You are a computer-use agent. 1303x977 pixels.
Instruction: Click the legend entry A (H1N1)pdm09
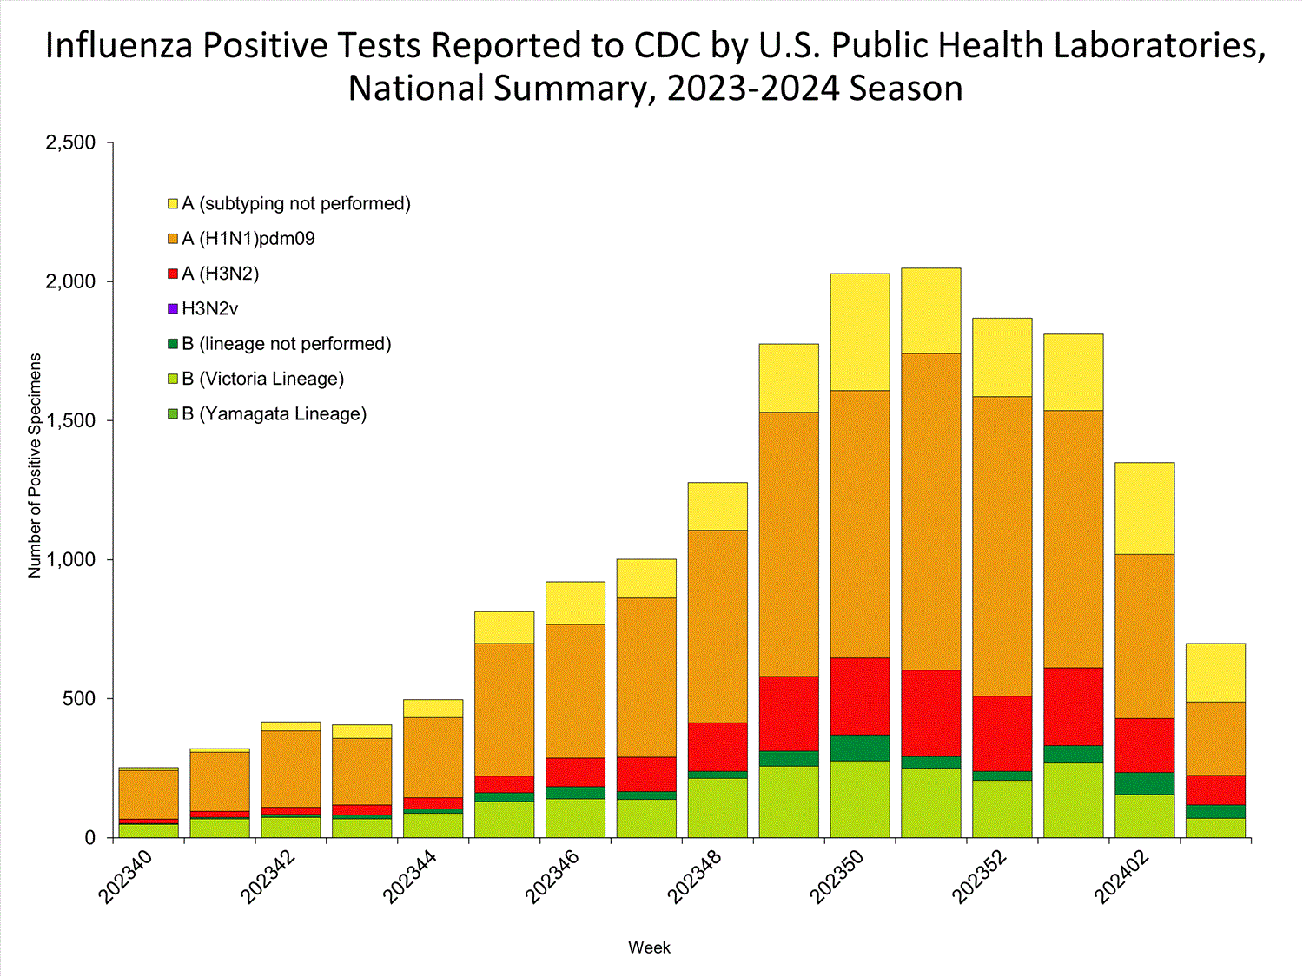coord(248,239)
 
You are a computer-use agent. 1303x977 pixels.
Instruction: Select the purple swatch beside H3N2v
coord(173,308)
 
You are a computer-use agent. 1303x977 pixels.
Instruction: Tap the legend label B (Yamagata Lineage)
coord(274,414)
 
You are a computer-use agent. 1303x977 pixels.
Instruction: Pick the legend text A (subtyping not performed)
coord(295,203)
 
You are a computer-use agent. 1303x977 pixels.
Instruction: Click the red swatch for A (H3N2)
coord(173,274)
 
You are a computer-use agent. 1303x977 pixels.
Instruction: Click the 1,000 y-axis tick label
coord(69,559)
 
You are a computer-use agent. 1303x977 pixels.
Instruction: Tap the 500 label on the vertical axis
coord(77,698)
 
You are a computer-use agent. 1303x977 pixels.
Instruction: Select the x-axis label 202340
coord(127,877)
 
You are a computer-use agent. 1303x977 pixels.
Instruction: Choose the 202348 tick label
coord(697,877)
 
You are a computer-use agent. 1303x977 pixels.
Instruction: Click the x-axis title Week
coord(649,947)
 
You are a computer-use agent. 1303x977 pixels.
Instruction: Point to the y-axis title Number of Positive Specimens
coord(35,465)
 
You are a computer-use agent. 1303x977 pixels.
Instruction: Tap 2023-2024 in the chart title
coord(754,89)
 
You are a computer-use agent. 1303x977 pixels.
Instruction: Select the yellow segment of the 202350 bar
coord(860,332)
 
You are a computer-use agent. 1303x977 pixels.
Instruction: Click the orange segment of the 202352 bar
coord(1002,545)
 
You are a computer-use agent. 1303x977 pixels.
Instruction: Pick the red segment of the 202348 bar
coord(718,746)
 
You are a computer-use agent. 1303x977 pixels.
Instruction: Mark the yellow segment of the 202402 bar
coord(1145,508)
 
